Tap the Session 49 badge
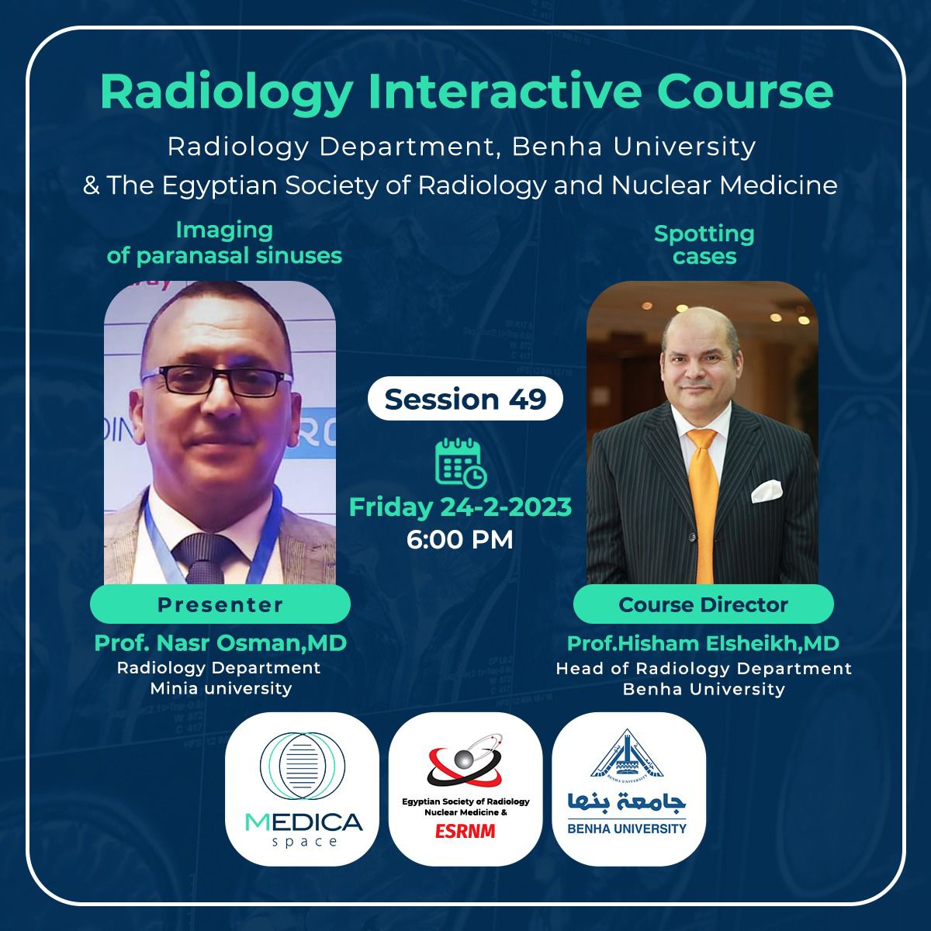(x=465, y=399)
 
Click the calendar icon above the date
(x=461, y=462)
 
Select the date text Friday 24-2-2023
(x=461, y=507)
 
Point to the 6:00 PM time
(x=460, y=539)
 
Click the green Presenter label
(x=220, y=605)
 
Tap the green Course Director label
(x=703, y=605)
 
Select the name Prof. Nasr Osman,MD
(x=220, y=643)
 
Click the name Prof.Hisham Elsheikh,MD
(x=703, y=643)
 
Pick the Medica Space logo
(x=302, y=788)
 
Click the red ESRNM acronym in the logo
(x=465, y=832)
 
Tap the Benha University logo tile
(x=628, y=788)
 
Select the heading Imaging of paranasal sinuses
(x=224, y=243)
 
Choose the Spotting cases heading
(x=704, y=244)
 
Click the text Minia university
(x=220, y=688)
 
